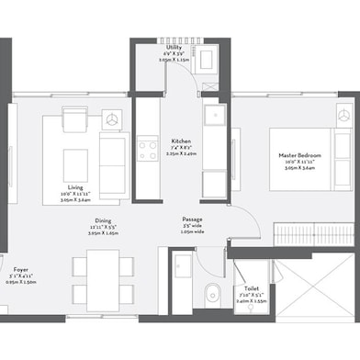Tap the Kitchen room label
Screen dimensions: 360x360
(180, 141)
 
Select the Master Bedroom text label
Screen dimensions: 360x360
(299, 156)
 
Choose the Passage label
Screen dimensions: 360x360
(193, 219)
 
